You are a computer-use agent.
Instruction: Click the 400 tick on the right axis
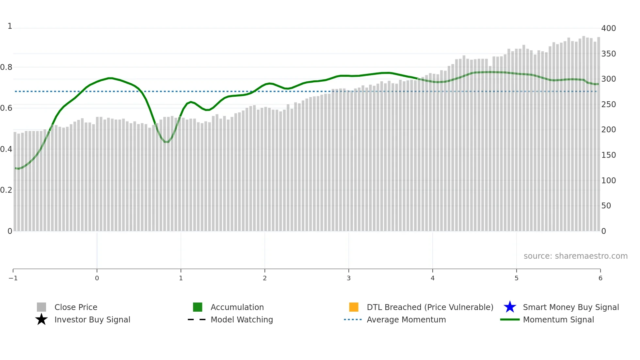click(x=608, y=28)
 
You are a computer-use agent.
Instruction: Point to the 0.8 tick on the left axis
click(x=6, y=67)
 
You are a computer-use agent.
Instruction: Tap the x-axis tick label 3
click(x=348, y=278)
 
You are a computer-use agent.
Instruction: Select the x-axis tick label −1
click(x=13, y=278)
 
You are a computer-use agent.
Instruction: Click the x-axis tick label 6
click(x=600, y=278)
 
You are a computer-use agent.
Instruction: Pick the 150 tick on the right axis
click(x=608, y=155)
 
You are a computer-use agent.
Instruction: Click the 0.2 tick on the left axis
click(x=6, y=190)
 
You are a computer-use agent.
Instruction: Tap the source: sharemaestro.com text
click(x=575, y=256)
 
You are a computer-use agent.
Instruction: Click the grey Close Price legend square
click(x=41, y=307)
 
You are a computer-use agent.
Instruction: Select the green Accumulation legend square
click(x=198, y=307)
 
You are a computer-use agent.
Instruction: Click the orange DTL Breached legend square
click(x=354, y=307)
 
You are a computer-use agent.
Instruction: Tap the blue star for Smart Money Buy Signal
click(x=510, y=307)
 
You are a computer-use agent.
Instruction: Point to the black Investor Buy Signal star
click(x=41, y=319)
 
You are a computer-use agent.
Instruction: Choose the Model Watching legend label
click(x=242, y=319)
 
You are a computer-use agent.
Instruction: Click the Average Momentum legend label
click(x=406, y=319)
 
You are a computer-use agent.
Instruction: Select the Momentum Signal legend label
click(x=558, y=319)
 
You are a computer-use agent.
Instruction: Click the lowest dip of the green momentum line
click(x=167, y=142)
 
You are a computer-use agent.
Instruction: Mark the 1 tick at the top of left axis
click(x=10, y=26)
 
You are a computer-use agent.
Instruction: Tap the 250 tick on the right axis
click(x=608, y=105)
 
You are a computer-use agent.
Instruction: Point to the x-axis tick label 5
click(x=516, y=278)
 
